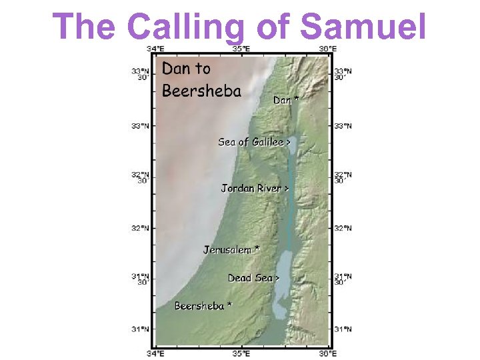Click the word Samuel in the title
coord(363,27)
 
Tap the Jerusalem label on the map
coord(227,250)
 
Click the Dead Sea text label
coord(250,278)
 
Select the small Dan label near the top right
coord(283,100)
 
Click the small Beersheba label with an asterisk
coord(199,306)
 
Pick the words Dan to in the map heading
coord(186,69)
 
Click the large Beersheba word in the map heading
coord(201,91)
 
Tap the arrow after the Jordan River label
coord(287,189)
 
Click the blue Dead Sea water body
coord(283,280)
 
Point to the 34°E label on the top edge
coord(156,48)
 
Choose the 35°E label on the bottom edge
coord(241,353)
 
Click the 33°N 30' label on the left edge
coord(140,73)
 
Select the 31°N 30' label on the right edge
coord(343,279)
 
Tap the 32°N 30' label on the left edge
coord(140,177)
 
